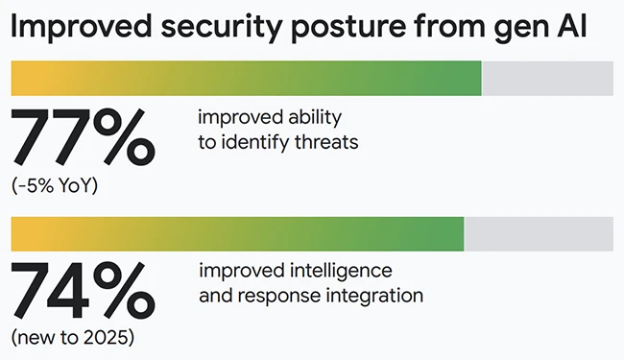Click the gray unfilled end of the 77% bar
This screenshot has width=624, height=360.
pyautogui.click(x=547, y=79)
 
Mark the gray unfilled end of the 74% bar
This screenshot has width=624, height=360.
pyautogui.click(x=539, y=233)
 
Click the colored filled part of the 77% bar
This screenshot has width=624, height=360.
pyautogui.click(x=245, y=79)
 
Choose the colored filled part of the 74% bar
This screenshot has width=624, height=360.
pyautogui.click(x=236, y=233)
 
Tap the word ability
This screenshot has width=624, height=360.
pyautogui.click(x=315, y=119)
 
